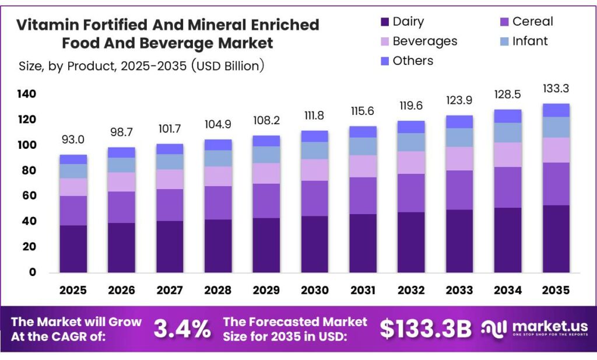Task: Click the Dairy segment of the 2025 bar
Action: (73, 249)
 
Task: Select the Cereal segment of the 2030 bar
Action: (315, 198)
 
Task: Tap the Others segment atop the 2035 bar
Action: (556, 110)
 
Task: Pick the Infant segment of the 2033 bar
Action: (460, 137)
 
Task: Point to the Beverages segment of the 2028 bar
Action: (218, 176)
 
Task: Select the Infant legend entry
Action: (523, 41)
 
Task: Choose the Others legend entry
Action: (405, 61)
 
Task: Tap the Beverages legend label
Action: (424, 41)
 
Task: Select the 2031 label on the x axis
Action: (363, 290)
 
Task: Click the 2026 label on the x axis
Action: (121, 290)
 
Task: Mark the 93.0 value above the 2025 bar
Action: (73, 141)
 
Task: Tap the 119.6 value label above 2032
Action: (411, 107)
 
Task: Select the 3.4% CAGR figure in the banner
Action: (182, 329)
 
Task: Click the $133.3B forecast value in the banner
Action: (425, 329)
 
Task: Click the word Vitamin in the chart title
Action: (42, 25)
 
